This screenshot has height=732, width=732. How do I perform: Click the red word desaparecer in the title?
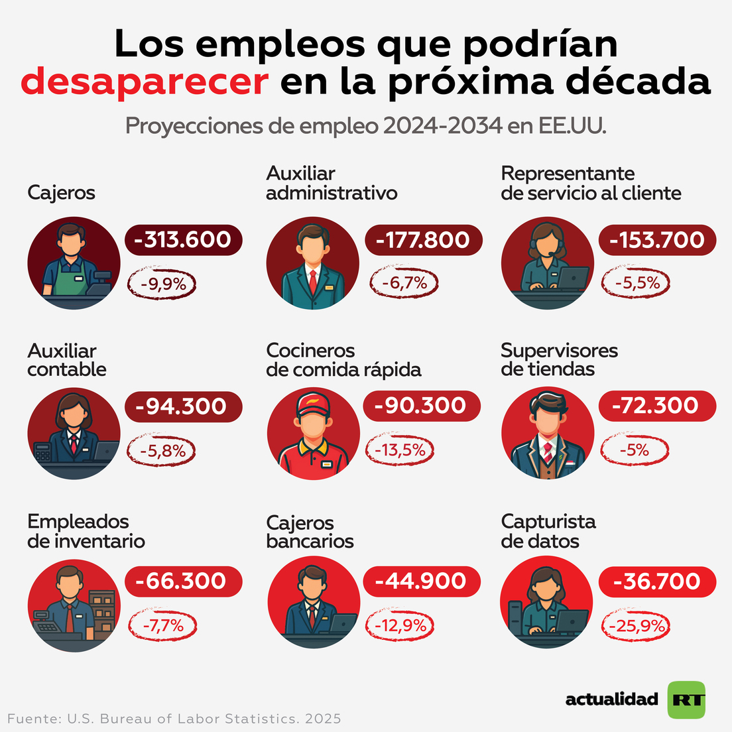click(145, 82)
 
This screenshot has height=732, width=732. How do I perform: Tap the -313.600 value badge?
click(183, 239)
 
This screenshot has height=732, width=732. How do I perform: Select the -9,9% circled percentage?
click(163, 284)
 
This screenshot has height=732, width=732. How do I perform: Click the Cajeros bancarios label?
click(310, 532)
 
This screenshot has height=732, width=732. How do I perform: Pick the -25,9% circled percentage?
click(635, 625)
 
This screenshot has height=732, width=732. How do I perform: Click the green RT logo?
click(686, 700)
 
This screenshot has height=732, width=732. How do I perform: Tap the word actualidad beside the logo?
click(611, 700)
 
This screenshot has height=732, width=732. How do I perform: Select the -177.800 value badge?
click(423, 239)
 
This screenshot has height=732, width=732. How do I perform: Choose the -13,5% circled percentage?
click(400, 450)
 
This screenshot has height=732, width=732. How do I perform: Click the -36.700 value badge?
click(657, 581)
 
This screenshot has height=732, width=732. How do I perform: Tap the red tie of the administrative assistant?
click(312, 281)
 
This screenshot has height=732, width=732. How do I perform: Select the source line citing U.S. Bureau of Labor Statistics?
click(174, 719)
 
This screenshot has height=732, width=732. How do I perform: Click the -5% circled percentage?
click(635, 450)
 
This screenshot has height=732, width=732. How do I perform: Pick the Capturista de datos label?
click(548, 531)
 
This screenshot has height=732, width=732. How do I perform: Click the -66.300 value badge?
click(183, 581)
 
